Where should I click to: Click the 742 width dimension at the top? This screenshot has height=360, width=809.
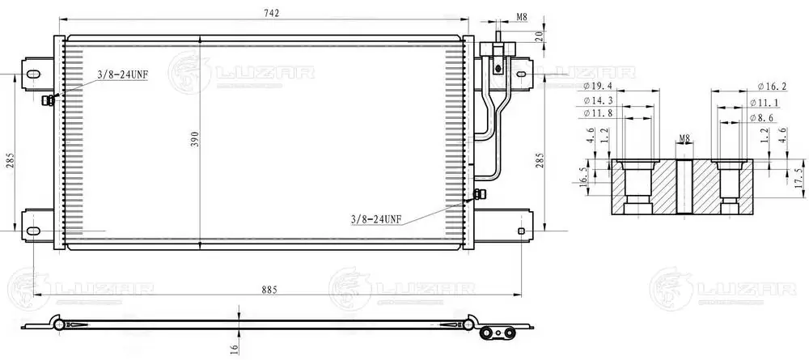[x=271, y=14]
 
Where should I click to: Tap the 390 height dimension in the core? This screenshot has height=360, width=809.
[x=194, y=138]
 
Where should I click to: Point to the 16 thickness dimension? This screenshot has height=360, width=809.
[x=233, y=349]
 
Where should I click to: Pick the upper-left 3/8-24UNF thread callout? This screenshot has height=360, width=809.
[x=123, y=75]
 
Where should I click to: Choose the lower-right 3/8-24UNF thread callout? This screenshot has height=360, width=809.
[x=375, y=220]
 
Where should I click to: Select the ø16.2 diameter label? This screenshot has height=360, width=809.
[x=772, y=86]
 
